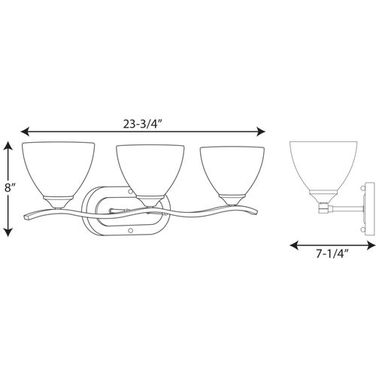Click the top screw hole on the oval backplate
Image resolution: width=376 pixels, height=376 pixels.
[131, 192]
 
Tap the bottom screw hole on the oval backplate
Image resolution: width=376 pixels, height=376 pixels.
[131, 229]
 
